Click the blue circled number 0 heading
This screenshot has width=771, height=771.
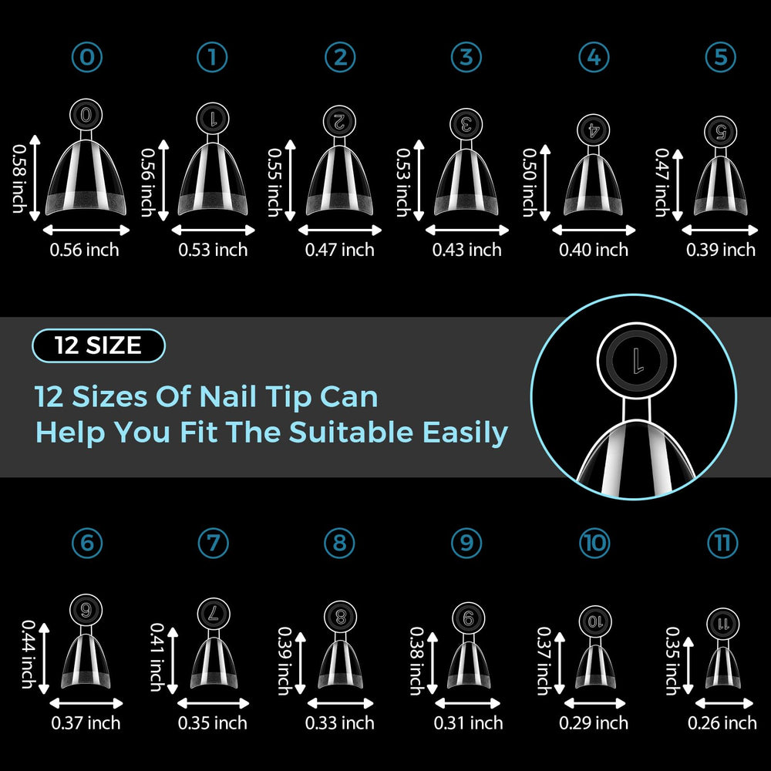point(87,57)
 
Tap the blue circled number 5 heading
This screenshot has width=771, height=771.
point(720,57)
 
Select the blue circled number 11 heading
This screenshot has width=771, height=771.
point(722,543)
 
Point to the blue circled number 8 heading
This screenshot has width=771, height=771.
point(340,543)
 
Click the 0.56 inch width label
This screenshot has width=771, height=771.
point(84,250)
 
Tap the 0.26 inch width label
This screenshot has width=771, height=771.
point(722,723)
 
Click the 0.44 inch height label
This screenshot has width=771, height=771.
point(29,654)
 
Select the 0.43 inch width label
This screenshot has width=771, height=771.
point(466,250)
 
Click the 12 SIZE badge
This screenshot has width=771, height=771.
point(99,345)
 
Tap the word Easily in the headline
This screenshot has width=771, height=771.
point(465,433)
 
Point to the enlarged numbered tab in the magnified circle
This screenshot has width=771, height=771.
point(636,361)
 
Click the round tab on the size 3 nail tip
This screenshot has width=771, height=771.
point(466,124)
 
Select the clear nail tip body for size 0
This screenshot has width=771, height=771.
point(86,177)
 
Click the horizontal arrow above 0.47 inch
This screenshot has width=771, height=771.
point(340,230)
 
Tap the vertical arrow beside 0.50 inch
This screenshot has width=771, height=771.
point(545,183)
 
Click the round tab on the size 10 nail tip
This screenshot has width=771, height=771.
point(595,621)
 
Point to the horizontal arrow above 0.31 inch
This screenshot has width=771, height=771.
point(468,703)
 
